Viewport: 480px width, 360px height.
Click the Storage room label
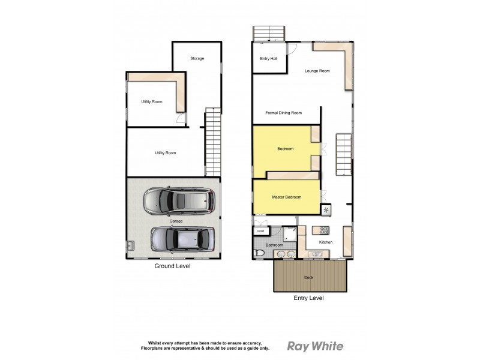point(197,58)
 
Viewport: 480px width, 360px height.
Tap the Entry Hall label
point(268,58)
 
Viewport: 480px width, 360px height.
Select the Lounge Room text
point(317,71)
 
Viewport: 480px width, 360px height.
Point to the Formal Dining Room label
point(283,112)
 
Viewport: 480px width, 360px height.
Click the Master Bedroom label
point(286,197)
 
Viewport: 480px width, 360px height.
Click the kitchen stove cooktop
point(323,230)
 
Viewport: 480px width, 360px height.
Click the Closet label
point(260,231)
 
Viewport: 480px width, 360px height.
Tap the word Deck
point(308,278)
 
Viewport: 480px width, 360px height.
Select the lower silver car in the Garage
point(182,239)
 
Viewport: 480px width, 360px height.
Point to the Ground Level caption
point(172,266)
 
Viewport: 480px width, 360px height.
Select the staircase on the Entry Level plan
point(343,154)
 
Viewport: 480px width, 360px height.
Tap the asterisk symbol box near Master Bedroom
point(326,210)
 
